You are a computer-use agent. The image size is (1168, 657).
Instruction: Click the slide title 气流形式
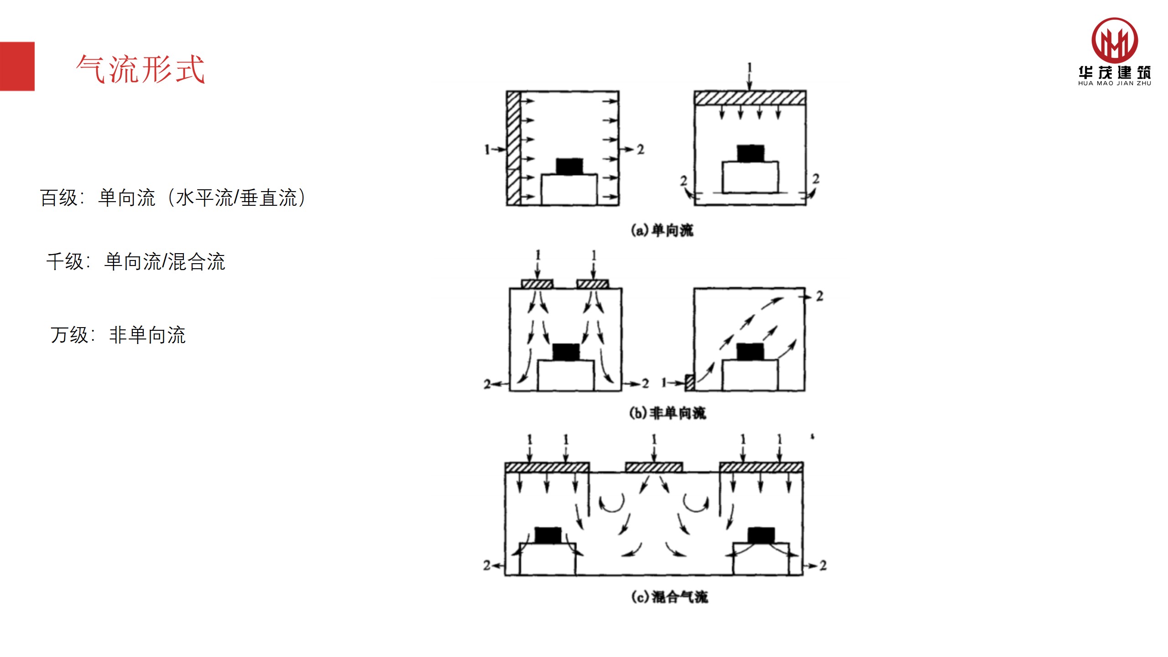pos(141,69)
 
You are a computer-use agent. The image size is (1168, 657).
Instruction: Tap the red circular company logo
pos(1114,41)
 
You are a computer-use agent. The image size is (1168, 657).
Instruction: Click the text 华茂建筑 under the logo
pos(1114,73)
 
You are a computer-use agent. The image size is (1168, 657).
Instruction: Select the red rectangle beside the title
pos(17,66)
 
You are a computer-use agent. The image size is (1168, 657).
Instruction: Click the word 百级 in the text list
pos(58,198)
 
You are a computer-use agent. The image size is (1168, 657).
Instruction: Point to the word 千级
pos(65,262)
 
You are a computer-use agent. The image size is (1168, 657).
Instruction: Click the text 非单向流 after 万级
pos(147,335)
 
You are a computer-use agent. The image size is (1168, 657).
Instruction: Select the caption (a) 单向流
pos(662,230)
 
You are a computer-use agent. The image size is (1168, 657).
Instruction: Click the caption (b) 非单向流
pos(667,413)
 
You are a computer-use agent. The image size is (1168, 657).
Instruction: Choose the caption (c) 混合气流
pos(669,597)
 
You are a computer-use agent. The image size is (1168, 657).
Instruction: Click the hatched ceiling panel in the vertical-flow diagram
pos(750,98)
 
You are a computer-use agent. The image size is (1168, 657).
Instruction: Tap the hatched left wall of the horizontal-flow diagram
pos(513,148)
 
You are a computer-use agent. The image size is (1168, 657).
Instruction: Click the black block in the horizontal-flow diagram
pos(569,166)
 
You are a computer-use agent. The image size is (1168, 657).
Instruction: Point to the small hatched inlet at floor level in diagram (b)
pos(690,382)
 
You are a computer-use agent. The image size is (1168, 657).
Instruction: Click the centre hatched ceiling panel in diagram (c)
pos(654,467)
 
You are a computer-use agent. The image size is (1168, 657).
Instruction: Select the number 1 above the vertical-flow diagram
pos(749,68)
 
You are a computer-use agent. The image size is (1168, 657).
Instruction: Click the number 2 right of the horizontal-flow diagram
pos(641,149)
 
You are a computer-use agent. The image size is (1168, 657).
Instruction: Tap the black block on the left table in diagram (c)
pos(548,535)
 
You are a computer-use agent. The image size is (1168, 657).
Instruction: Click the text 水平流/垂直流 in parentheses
pos(236,198)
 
